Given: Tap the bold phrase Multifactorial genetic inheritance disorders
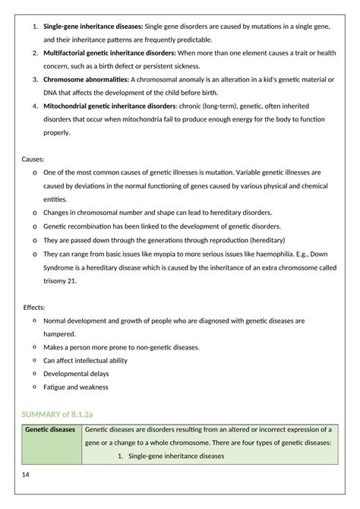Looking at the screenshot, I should click(109, 53).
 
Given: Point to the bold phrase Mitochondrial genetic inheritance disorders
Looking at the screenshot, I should click(112, 105).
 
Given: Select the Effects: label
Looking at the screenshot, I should click(34, 307).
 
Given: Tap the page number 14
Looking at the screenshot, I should click(27, 475).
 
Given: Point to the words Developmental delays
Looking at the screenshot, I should click(76, 374).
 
